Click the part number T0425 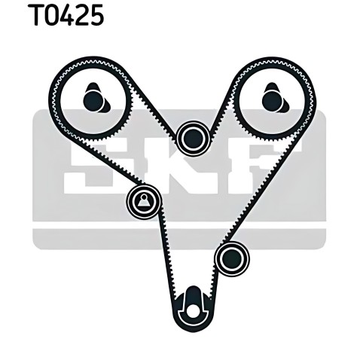point(66,15)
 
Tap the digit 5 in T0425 point(95,15)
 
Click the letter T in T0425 point(36,15)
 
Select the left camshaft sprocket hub point(96,98)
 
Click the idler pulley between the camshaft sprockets point(193,139)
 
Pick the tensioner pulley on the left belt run point(144,201)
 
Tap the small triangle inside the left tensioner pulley point(144,200)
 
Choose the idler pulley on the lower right point(232,258)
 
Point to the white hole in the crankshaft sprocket point(193,311)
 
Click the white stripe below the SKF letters point(179,225)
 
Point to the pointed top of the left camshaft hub point(93,83)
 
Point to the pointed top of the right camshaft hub point(272,83)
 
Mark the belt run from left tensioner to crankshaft point(167,256)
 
